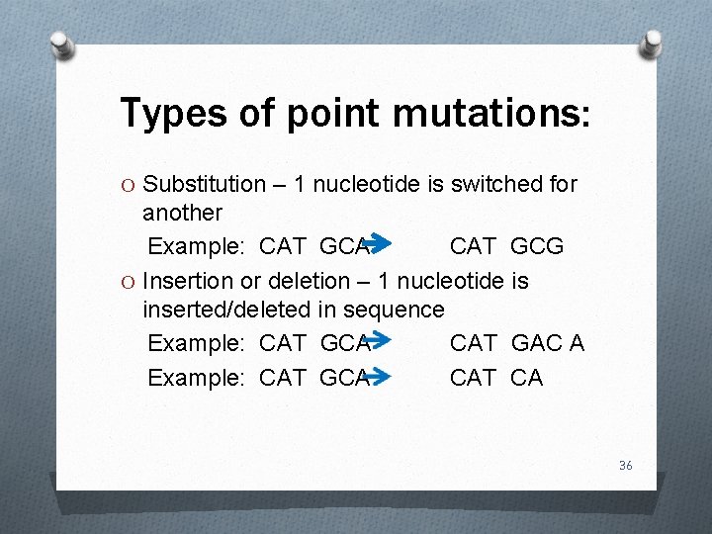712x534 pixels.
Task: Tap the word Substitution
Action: pyautogui.click(x=205, y=185)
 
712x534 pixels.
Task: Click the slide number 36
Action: pyautogui.click(x=625, y=465)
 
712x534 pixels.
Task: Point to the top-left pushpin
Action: pyautogui.click(x=62, y=44)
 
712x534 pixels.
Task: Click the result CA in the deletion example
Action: pyautogui.click(x=526, y=377)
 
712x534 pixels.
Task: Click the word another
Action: pyautogui.click(x=183, y=213)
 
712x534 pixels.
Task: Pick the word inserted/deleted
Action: pyautogui.click(x=226, y=310)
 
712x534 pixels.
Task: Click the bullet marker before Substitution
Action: pyautogui.click(x=128, y=185)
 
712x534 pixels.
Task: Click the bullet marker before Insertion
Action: pyautogui.click(x=128, y=282)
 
